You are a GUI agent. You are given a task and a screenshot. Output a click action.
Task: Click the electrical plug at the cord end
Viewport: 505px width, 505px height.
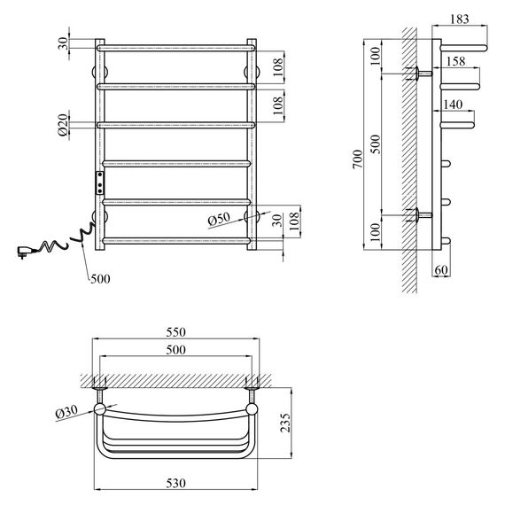23,252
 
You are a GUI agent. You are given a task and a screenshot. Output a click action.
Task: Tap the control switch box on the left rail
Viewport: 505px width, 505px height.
100,183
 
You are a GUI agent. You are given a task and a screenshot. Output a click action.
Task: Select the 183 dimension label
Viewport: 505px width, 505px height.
459,19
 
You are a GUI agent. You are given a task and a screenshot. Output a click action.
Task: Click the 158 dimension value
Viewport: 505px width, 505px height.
455,61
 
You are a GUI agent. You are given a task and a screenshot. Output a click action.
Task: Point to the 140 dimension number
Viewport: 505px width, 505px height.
453,105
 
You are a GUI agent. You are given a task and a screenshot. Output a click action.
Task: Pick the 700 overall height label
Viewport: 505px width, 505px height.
358,159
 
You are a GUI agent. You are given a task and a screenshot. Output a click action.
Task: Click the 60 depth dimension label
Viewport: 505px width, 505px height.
441,270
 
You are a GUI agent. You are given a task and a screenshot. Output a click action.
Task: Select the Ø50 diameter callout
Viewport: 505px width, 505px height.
220,220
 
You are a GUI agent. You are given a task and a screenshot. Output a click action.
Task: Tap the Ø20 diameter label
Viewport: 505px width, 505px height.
64,125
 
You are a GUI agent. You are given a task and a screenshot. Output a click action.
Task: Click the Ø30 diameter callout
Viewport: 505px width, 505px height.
66,412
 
